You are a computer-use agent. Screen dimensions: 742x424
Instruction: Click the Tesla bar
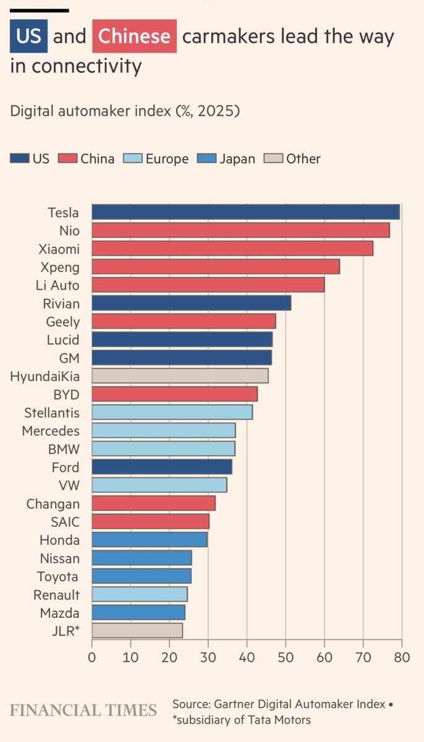pyautogui.click(x=245, y=212)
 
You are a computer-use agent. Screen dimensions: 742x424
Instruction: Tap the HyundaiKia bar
pyautogui.click(x=180, y=376)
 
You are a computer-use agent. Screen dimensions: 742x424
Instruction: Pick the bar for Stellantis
pyautogui.click(x=172, y=412)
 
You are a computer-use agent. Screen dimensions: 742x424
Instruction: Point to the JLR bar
pyautogui.click(x=137, y=631)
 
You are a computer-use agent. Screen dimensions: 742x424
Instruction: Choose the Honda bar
pyautogui.click(x=150, y=540)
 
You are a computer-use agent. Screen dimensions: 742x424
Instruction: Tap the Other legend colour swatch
pyautogui.click(x=273, y=159)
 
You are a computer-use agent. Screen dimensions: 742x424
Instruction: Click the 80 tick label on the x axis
pyautogui.click(x=402, y=658)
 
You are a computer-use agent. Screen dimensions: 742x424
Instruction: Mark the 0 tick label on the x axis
pyautogui.click(x=92, y=658)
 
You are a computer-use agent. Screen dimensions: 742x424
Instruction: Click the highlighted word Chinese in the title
pyautogui.click(x=134, y=36)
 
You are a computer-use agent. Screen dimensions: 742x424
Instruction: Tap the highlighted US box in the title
pyautogui.click(x=28, y=36)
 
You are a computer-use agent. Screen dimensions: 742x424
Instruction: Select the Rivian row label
pyautogui.click(x=61, y=304)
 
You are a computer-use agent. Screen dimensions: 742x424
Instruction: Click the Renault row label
pyautogui.click(x=56, y=595)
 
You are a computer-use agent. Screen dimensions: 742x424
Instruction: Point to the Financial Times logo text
pyautogui.click(x=83, y=710)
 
